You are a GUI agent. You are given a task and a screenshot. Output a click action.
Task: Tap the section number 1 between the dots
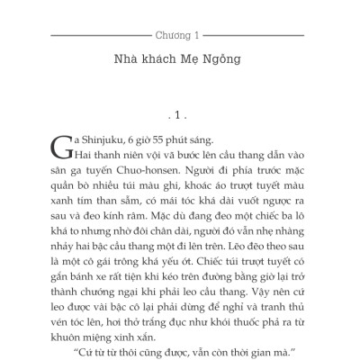(x=179, y=116)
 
